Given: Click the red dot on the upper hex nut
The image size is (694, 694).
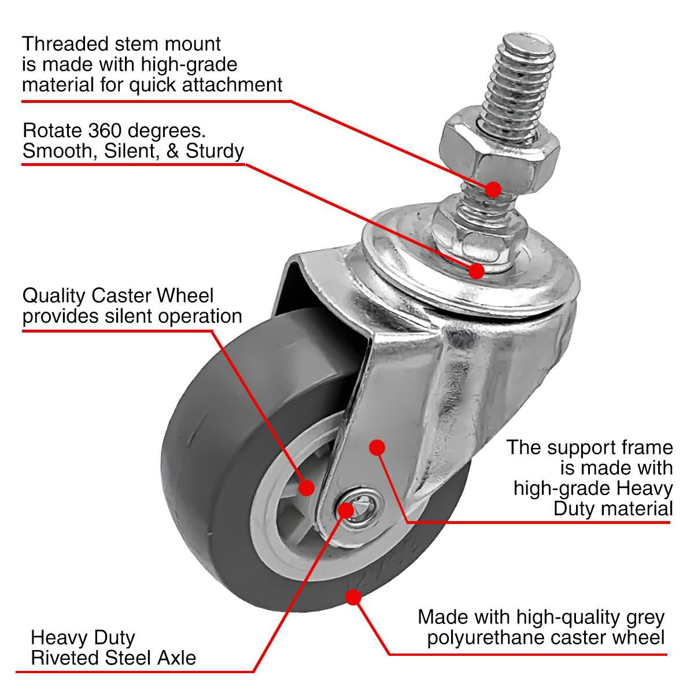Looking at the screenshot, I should (493, 189).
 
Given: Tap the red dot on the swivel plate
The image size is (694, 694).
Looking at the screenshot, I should (477, 270).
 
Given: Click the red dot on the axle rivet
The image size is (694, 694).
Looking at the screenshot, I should (345, 510).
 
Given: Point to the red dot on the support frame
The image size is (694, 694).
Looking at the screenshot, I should (377, 447).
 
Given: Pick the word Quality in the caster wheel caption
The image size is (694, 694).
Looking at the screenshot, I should (54, 296).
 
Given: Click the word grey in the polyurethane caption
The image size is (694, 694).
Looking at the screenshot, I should (645, 618).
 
